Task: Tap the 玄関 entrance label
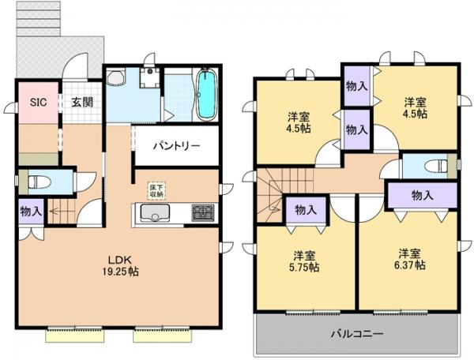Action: click(x=81, y=101)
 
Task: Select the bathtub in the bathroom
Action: click(x=206, y=96)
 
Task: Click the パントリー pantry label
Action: click(x=175, y=146)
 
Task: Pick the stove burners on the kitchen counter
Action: click(x=202, y=213)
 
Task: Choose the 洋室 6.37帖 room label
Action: click(x=408, y=260)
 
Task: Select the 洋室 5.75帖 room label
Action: click(x=304, y=261)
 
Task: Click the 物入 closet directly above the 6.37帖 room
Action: click(x=422, y=195)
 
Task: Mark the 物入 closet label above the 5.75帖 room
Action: click(x=306, y=209)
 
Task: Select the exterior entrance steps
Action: click(x=39, y=16)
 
